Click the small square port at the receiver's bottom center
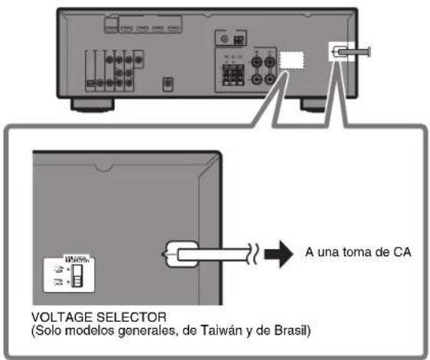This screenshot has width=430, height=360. (168, 83)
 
